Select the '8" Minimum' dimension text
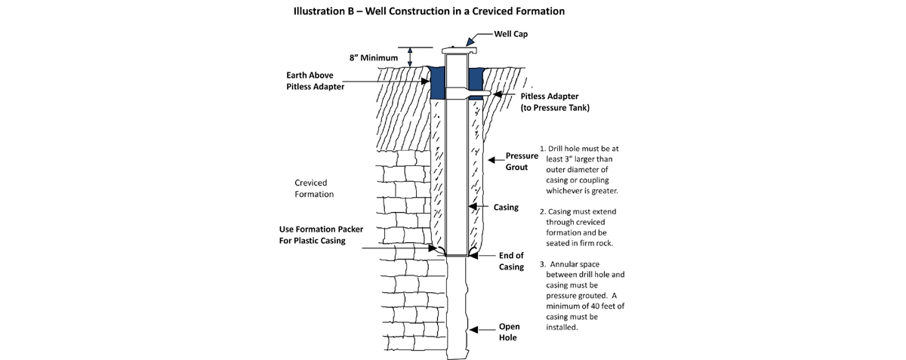pyautogui.click(x=372, y=57)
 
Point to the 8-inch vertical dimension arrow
pyautogui.click(x=410, y=57)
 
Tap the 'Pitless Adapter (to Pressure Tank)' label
pyautogui.click(x=555, y=103)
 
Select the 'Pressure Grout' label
pyautogui.click(x=521, y=162)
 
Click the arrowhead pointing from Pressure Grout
pyautogui.click(x=490, y=160)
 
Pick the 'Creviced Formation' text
pyautogui.click(x=315, y=189)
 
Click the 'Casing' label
pyautogui.click(x=505, y=207)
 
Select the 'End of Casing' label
pyautogui.click(x=511, y=261)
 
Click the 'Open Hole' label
pyautogui.click(x=507, y=332)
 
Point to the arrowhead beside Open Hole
pyautogui.click(x=473, y=328)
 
